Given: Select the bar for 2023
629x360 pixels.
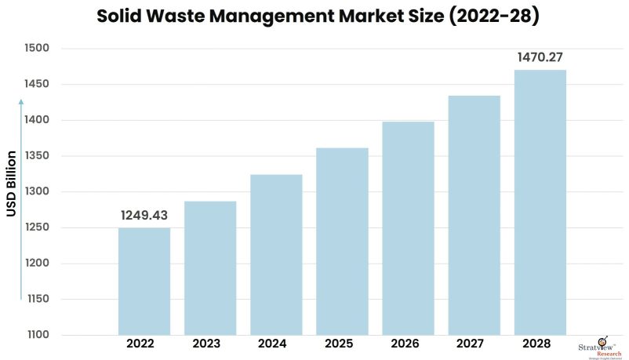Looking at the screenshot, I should point(210,267).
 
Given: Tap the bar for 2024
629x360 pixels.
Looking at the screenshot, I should point(276,254).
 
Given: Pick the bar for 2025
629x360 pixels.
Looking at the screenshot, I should point(342,241).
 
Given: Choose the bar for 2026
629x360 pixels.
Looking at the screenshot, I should point(408,227).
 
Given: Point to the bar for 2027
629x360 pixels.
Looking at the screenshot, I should point(474,215).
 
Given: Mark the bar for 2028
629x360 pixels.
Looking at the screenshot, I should point(540,202).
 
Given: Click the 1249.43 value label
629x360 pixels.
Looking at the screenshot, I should point(144,215).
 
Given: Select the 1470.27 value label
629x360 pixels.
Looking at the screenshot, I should point(540,57).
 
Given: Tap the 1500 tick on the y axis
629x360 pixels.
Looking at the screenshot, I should point(36,49).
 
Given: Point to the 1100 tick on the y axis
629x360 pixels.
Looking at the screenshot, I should point(36,335).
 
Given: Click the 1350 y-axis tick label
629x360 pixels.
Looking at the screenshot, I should point(36,156).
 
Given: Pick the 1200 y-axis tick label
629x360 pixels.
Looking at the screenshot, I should point(36,264).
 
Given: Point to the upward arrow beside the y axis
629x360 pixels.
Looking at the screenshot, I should point(21,196).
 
